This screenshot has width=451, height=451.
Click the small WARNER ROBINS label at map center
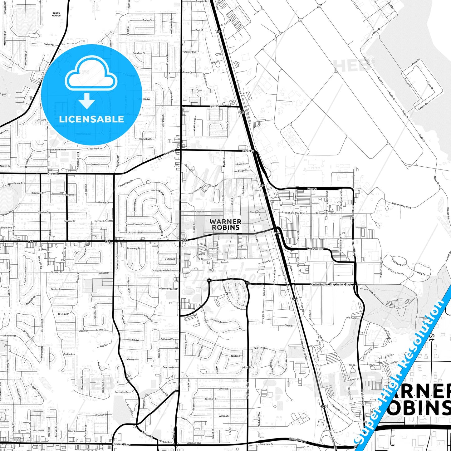click(x=225, y=224)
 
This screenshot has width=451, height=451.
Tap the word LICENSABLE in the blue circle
click(x=91, y=119)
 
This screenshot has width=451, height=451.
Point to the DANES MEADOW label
click(x=56, y=14)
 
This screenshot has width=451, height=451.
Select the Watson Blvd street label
click(x=315, y=249)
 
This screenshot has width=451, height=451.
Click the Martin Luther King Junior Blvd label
click(x=330, y=284)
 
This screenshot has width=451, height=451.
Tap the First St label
click(x=312, y=189)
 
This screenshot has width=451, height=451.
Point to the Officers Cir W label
click(x=395, y=272)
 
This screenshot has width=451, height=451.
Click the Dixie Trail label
click(x=49, y=45)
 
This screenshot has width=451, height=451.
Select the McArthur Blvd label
click(x=134, y=233)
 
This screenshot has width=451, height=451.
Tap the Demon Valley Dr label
click(x=169, y=289)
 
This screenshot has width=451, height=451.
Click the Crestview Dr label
click(x=266, y=444)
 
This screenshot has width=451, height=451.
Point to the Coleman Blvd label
click(x=194, y=443)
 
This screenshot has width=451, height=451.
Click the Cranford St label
click(x=189, y=52)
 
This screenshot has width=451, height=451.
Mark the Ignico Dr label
click(x=214, y=106)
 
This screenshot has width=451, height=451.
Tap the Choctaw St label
click(x=101, y=415)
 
